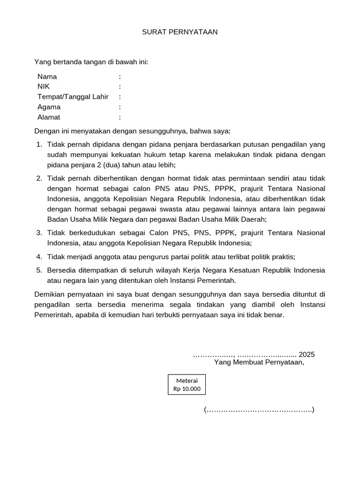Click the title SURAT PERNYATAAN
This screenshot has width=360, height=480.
click(180, 32)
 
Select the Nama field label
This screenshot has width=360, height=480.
click(47, 76)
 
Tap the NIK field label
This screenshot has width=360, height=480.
click(44, 86)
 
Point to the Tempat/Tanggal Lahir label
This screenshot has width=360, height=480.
click(73, 97)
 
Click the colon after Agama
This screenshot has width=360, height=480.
click(120, 107)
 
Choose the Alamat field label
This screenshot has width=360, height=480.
click(49, 117)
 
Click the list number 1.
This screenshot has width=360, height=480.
click(39, 144)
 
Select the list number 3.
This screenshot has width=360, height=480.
click(39, 232)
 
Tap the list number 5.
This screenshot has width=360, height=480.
click(39, 270)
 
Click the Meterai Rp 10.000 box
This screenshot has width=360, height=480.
click(187, 384)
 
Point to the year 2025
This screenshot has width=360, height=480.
click(307, 354)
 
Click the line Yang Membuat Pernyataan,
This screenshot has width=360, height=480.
click(259, 362)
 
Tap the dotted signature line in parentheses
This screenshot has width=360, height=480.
click(259, 410)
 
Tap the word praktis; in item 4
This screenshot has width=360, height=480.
click(283, 256)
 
